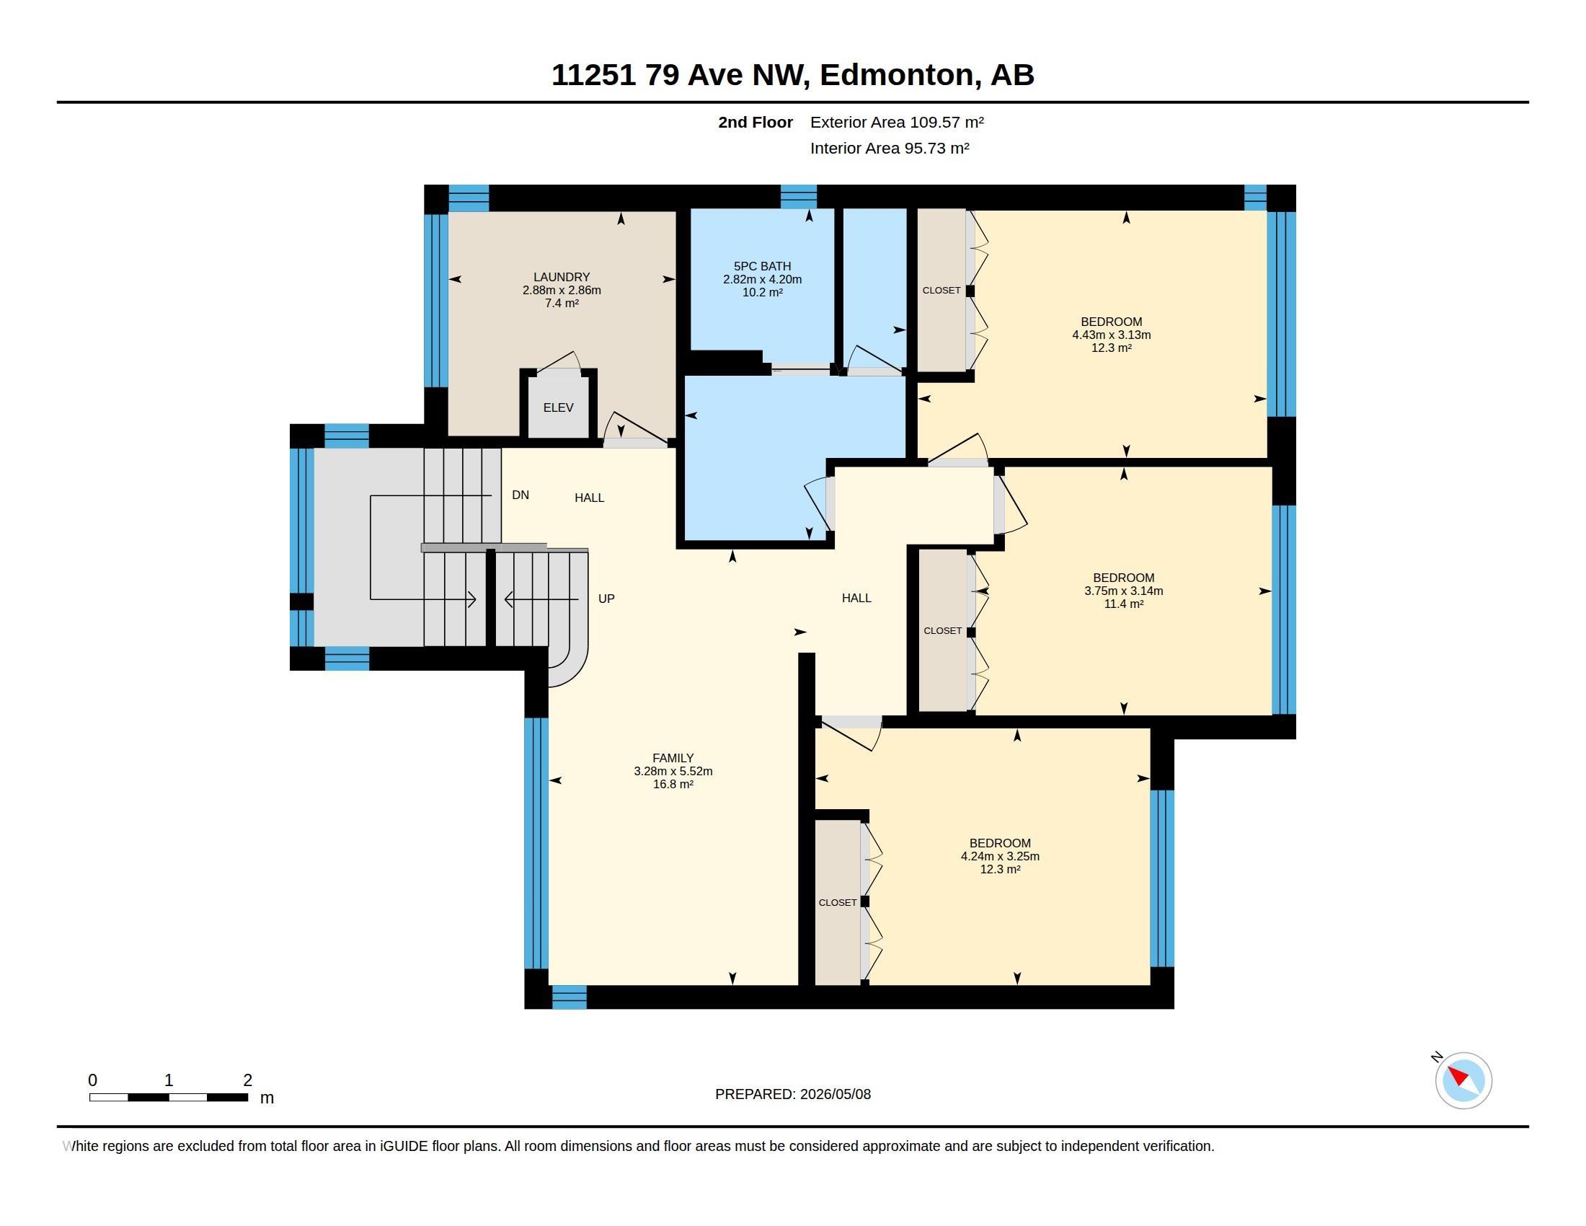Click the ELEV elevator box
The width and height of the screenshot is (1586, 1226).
point(559,407)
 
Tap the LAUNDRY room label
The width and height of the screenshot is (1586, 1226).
point(562,277)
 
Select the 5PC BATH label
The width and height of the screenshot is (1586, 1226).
point(763,266)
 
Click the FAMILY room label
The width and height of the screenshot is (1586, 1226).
point(673,757)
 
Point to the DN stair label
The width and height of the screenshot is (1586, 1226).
point(520,495)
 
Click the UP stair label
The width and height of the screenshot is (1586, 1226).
point(606,599)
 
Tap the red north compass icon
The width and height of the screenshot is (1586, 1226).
point(1463,1080)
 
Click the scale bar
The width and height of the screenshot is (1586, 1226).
point(169,1097)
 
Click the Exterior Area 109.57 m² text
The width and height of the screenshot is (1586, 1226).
point(897,122)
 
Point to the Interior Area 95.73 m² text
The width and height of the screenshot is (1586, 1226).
point(890,148)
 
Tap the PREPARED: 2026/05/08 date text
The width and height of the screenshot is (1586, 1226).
point(793,1094)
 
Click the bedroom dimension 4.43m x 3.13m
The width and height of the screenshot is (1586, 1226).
point(1111,335)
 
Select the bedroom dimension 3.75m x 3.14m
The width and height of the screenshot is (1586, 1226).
point(1123,591)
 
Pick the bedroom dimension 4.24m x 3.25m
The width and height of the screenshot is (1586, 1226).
point(1000,855)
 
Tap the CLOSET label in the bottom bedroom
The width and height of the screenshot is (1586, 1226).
point(837,902)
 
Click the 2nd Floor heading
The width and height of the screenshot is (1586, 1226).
point(756,122)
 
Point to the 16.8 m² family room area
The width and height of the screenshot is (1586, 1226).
point(673,784)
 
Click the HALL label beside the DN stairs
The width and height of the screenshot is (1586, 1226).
point(589,498)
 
